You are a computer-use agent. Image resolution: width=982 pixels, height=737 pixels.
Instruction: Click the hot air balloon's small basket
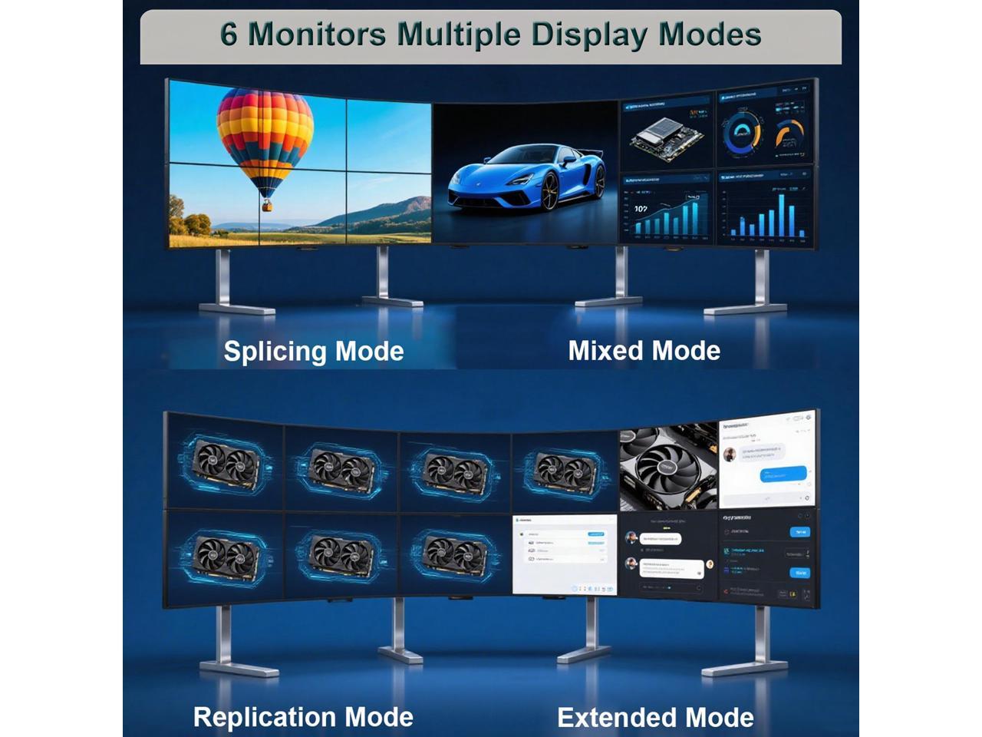coord(267,205)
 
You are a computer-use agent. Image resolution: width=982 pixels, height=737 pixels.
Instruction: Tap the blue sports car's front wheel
coord(549,190)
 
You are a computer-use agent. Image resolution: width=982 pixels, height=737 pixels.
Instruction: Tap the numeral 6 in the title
coord(229,35)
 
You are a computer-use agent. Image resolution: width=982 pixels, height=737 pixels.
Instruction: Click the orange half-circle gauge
coord(789,134)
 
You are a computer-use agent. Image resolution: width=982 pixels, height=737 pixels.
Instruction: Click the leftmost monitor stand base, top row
coord(236,309)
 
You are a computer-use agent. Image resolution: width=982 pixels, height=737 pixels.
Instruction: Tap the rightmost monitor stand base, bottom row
coord(743,667)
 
